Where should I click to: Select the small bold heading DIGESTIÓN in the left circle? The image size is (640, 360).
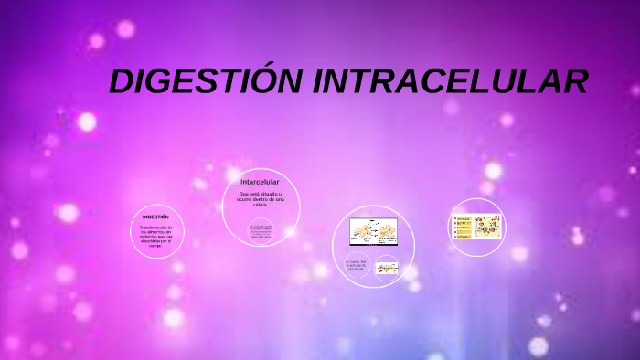pyautogui.click(x=155, y=217)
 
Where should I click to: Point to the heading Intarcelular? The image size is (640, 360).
pyautogui.click(x=260, y=182)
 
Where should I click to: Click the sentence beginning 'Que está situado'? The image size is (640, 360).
pyautogui.click(x=261, y=198)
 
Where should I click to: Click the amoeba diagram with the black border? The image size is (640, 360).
pyautogui.click(x=373, y=232)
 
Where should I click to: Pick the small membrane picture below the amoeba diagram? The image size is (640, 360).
pyautogui.click(x=387, y=269)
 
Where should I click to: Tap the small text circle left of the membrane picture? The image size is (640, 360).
pyautogui.click(x=357, y=266)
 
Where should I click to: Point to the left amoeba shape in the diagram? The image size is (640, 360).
pyautogui.click(x=362, y=232)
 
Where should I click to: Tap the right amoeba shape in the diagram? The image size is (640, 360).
pyautogui.click(x=385, y=231)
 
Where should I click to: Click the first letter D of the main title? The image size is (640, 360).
pyautogui.click(x=122, y=82)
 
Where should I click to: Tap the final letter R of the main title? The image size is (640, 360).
pyautogui.click(x=574, y=82)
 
